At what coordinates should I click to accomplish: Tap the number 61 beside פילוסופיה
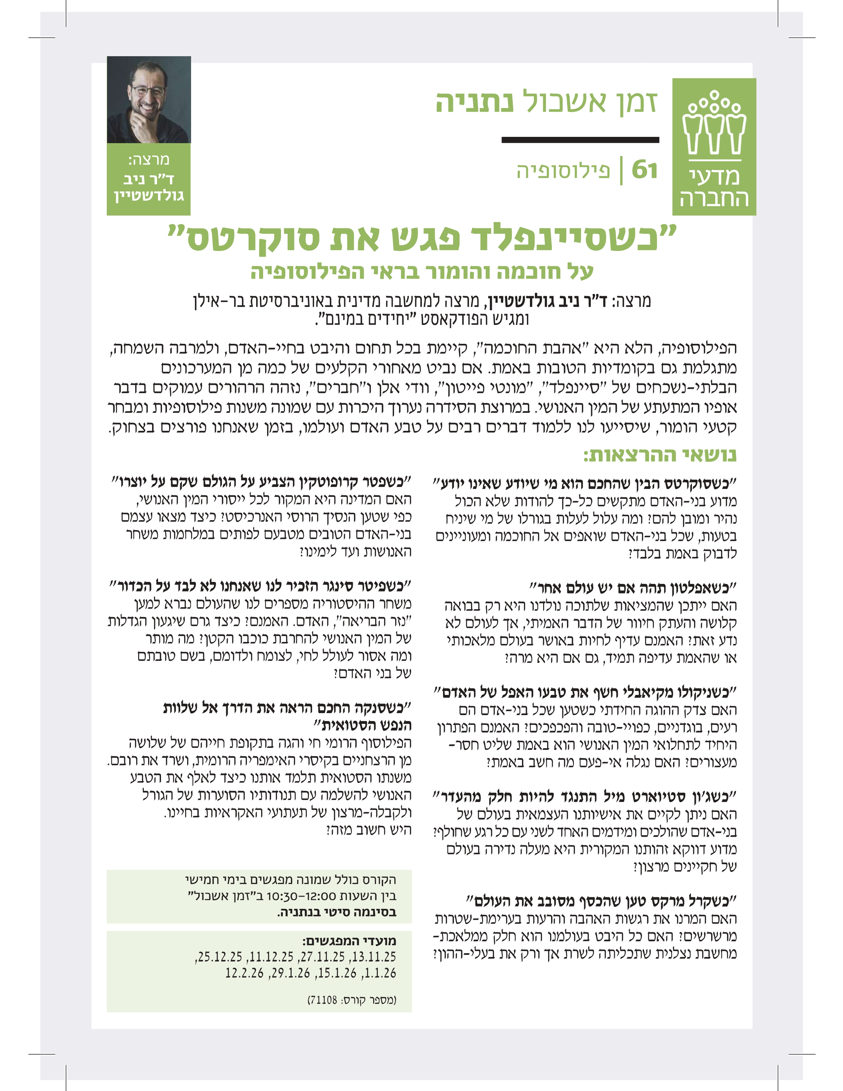pos(644,170)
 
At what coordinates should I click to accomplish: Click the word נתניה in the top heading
pos(474,102)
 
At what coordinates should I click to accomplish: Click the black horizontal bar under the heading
pos(580,140)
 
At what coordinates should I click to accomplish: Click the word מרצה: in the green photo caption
pos(149,160)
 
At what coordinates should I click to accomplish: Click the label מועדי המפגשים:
pos(349,941)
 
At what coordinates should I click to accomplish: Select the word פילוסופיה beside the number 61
pos(563,171)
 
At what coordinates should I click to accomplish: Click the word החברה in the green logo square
pos(714,198)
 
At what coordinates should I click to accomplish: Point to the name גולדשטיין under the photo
pos(149,195)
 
